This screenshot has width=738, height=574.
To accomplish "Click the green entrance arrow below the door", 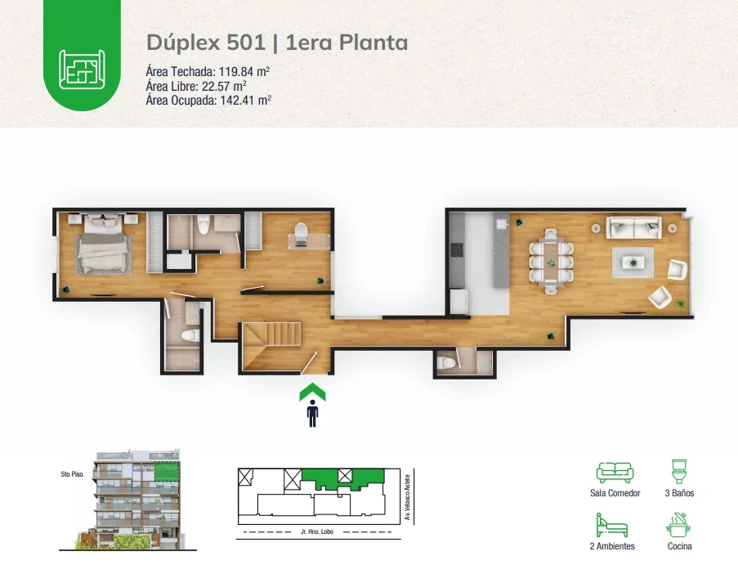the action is pyautogui.click(x=312, y=392).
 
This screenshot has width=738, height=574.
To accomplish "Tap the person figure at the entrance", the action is pyautogui.click(x=312, y=414).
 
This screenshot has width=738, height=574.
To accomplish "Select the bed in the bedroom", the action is pyautogui.click(x=105, y=244).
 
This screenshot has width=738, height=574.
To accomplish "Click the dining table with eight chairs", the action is pyautogui.click(x=551, y=262).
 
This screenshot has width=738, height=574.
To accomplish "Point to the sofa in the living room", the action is pyautogui.click(x=633, y=227).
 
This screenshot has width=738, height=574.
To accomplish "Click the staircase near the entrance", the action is pyautogui.click(x=272, y=346).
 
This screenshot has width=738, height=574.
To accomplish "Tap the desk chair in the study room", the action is pyautogui.click(x=301, y=231).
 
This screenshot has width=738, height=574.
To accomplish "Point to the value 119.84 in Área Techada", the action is pyautogui.click(x=237, y=72).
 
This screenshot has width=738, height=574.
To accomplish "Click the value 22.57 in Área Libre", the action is pyautogui.click(x=217, y=86).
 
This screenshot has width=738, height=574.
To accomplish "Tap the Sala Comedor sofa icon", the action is pyautogui.click(x=615, y=473).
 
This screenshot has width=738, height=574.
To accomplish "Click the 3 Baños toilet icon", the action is pyautogui.click(x=679, y=471).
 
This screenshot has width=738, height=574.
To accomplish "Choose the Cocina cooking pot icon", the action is pyautogui.click(x=678, y=525).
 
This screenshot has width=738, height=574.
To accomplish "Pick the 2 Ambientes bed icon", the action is pyautogui.click(x=612, y=525).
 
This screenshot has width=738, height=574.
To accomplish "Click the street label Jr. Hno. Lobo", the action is pyautogui.click(x=317, y=531).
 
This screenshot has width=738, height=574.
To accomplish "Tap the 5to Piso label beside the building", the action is pyautogui.click(x=72, y=474).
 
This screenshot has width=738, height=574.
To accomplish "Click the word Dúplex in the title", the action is pyautogui.click(x=184, y=43).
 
